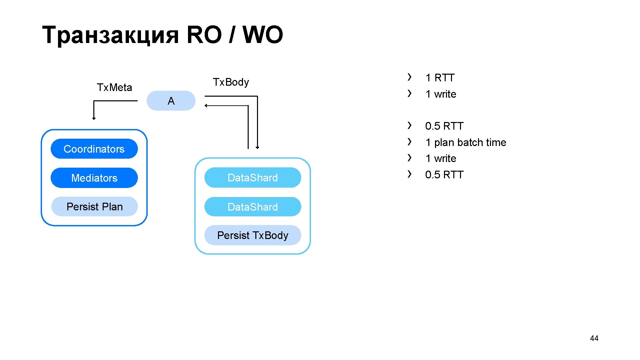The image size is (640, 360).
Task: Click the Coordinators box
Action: (x=94, y=149)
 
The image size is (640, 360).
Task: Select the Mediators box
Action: (x=94, y=178)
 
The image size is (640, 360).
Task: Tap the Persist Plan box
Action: (x=94, y=207)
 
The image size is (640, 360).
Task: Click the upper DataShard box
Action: (x=253, y=178)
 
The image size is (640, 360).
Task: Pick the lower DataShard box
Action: (x=253, y=207)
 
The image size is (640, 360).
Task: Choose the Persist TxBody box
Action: (x=253, y=235)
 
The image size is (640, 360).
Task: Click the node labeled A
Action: (x=171, y=101)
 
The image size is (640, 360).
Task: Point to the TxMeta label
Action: (x=114, y=87)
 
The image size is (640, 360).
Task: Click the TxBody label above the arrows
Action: (x=231, y=82)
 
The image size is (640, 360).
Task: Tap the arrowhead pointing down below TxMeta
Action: (x=94, y=118)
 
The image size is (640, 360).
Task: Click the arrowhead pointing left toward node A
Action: (x=206, y=106)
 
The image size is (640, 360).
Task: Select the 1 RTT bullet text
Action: (x=440, y=78)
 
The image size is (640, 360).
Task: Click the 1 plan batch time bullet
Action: (x=466, y=142)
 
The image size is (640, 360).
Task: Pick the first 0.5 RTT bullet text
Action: (x=444, y=126)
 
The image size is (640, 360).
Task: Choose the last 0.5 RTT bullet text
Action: (x=444, y=175)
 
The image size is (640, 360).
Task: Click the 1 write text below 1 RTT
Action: (x=441, y=94)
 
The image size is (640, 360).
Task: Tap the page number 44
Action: (x=594, y=338)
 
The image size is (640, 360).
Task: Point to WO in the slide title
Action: (x=263, y=34)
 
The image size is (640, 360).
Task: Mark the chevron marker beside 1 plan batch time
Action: (x=409, y=142)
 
